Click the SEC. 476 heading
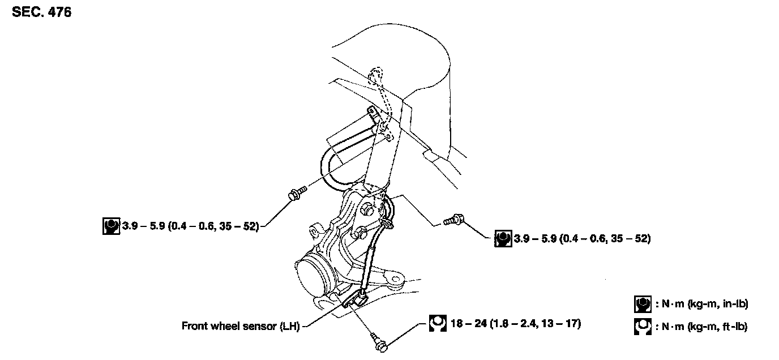[42, 12]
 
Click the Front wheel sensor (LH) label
[241, 326]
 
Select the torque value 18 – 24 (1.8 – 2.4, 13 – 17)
[516, 323]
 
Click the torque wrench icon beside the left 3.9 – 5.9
[112, 226]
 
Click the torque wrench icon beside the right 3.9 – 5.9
[503, 239]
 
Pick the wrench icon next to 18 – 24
[438, 323]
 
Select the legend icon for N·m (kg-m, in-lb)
[643, 305]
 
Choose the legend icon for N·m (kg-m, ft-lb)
[643, 327]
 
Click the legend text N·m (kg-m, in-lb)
[702, 304]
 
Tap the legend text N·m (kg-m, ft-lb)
[701, 327]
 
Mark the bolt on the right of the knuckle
[453, 220]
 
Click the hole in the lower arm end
[395, 279]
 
